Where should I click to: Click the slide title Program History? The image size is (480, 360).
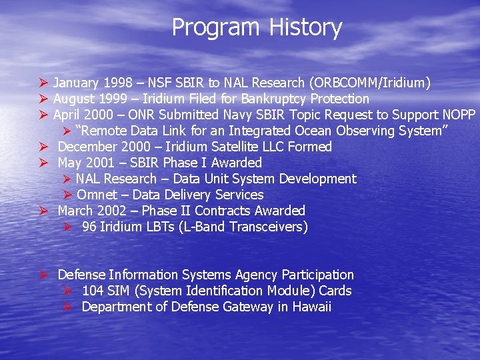point(257,27)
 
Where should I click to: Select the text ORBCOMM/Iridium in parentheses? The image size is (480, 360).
point(369,83)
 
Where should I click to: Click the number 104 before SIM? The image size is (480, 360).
point(93,291)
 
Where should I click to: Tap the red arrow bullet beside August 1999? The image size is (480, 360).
point(43,99)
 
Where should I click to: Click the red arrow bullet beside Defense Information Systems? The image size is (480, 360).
point(43,275)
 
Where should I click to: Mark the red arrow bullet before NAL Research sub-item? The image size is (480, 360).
point(67,179)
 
